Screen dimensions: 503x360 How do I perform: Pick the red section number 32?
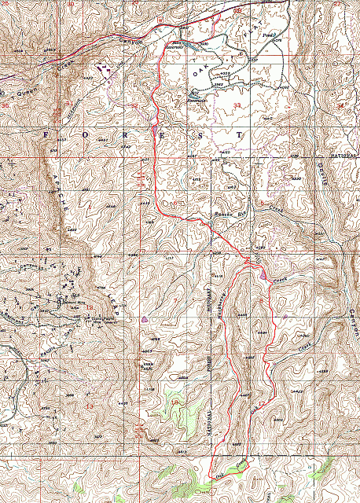tap(134, 104)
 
